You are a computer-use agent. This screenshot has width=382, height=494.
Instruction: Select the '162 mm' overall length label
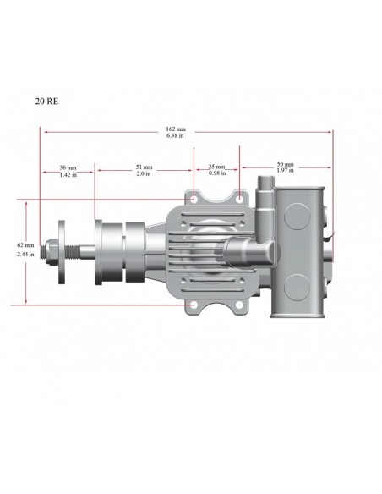tap(176, 129)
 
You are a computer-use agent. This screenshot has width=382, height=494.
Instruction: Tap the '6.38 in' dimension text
tap(176, 136)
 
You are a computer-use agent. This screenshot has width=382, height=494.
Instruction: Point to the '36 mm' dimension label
tap(69, 167)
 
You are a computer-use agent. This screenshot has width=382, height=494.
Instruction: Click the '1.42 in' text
tap(69, 175)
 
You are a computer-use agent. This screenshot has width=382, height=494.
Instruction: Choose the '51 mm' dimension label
tap(144, 167)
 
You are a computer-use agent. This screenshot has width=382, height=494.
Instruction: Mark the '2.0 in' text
tap(144, 175)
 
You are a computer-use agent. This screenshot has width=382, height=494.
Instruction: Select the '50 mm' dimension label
tap(285, 164)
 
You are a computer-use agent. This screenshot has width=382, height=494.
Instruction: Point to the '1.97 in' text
tap(285, 172)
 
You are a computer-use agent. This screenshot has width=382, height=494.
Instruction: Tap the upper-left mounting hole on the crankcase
tap(194, 200)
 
